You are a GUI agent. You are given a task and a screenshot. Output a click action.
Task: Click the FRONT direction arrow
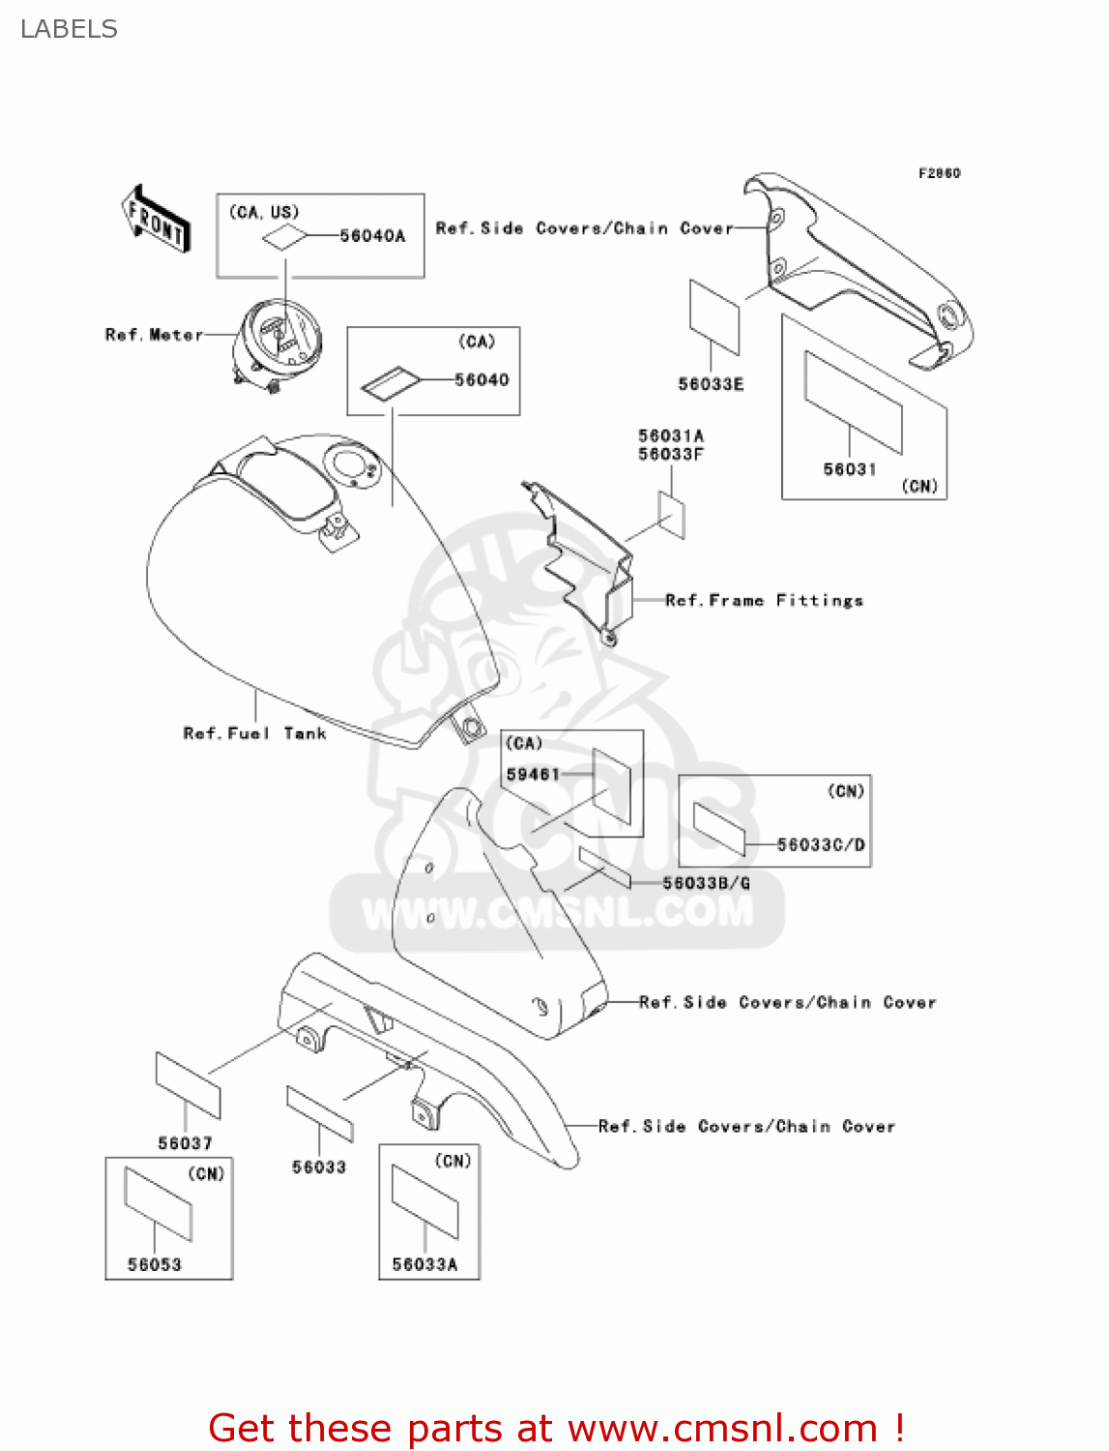tap(156, 220)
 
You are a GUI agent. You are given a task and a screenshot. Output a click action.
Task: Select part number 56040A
tap(372, 236)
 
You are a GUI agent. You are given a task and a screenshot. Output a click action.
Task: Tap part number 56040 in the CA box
tap(482, 380)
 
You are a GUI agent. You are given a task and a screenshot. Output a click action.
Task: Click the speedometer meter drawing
tap(279, 339)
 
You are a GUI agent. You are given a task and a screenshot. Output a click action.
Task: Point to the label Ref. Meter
tap(154, 335)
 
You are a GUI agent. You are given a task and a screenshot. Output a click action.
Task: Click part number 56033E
tap(711, 384)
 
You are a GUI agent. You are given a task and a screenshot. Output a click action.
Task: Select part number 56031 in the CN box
tap(850, 469)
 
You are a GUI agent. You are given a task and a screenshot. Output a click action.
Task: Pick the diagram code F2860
tap(939, 173)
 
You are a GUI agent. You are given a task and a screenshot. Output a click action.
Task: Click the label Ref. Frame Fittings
tap(764, 601)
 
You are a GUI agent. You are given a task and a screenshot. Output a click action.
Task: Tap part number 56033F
tap(670, 454)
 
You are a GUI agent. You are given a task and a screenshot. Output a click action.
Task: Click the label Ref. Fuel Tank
tap(254, 734)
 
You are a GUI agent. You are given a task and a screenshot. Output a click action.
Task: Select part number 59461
tap(533, 775)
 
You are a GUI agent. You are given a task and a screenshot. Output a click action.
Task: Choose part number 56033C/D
tap(821, 844)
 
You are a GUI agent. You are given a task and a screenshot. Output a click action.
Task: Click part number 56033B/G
tap(706, 883)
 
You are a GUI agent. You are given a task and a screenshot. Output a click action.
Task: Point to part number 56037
tap(185, 1143)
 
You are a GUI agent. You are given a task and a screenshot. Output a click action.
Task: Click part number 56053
tap(155, 1264)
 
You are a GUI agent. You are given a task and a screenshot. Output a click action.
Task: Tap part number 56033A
tap(424, 1264)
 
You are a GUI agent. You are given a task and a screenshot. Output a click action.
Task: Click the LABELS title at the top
tap(69, 29)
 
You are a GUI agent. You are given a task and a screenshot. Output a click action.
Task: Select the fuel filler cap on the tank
tap(350, 466)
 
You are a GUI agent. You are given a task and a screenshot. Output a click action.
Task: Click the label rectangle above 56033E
tap(715, 317)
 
